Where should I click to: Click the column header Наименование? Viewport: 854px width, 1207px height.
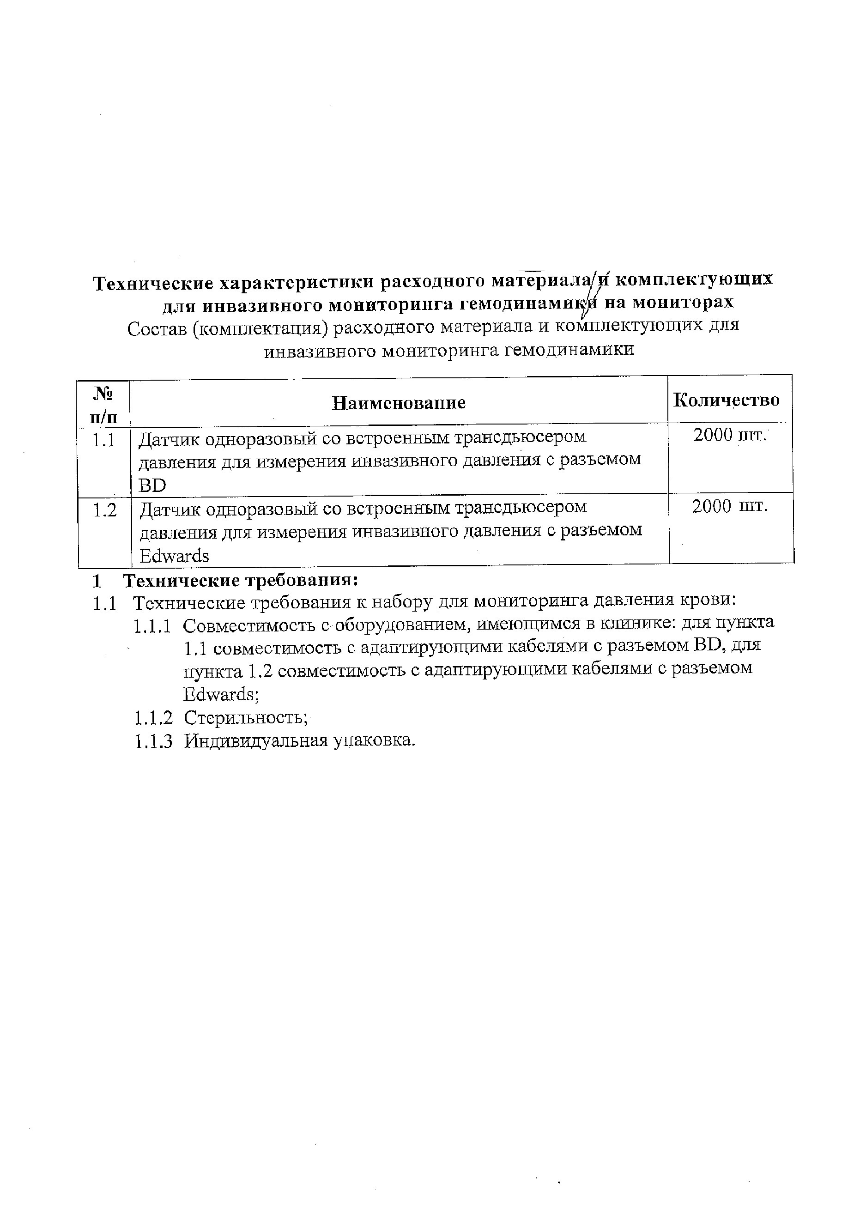[x=399, y=403]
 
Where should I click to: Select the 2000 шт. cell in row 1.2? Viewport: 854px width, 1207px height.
[x=729, y=506]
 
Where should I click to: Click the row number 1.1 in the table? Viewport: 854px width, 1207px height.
[x=103, y=440]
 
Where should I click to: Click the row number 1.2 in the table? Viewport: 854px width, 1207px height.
[x=105, y=510]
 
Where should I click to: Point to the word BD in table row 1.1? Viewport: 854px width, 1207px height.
[x=152, y=485]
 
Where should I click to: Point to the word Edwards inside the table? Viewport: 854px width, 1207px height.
[x=174, y=556]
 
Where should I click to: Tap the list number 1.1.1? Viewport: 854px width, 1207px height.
[x=152, y=626]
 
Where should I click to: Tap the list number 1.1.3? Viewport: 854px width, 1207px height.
[x=153, y=741]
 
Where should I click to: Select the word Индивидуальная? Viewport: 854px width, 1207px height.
[x=255, y=740]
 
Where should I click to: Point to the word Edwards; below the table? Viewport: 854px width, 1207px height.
[x=221, y=695]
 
